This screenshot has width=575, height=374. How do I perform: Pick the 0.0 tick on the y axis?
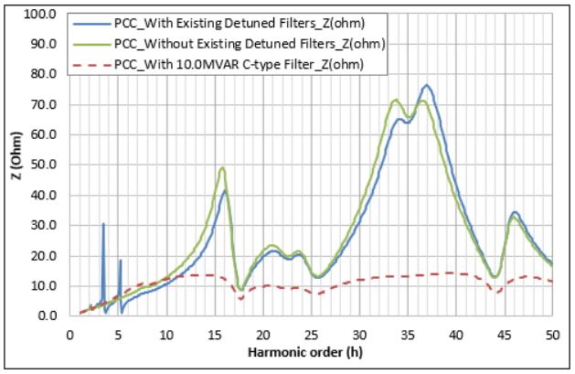coord(48,316)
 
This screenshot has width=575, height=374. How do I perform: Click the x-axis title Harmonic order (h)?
coord(310,351)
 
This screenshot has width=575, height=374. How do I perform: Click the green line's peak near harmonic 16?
coord(222,167)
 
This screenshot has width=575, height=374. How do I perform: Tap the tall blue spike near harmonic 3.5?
coord(103,224)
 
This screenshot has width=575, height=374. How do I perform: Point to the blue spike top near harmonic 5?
coord(120,261)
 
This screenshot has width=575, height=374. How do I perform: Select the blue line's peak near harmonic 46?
coord(515,212)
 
